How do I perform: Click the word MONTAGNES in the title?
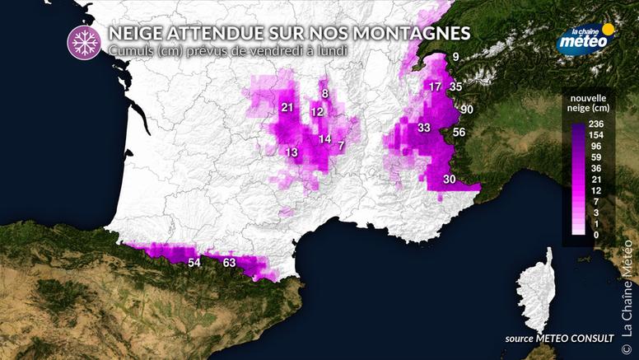tap(418, 33)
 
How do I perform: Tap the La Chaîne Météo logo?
tap(585, 40)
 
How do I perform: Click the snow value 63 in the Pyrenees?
tap(230, 263)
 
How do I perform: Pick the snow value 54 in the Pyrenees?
tap(194, 263)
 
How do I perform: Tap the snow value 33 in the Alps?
tap(424, 128)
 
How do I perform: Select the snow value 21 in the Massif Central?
tap(287, 108)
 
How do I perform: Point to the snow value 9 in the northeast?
tap(455, 57)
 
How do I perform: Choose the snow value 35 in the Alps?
tap(456, 86)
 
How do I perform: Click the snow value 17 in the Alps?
tap(436, 86)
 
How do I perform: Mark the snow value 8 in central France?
tap(325, 93)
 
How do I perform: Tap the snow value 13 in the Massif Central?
tap(292, 153)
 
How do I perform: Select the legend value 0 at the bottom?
tap(595, 236)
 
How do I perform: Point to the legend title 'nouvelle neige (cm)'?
tap(589, 102)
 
